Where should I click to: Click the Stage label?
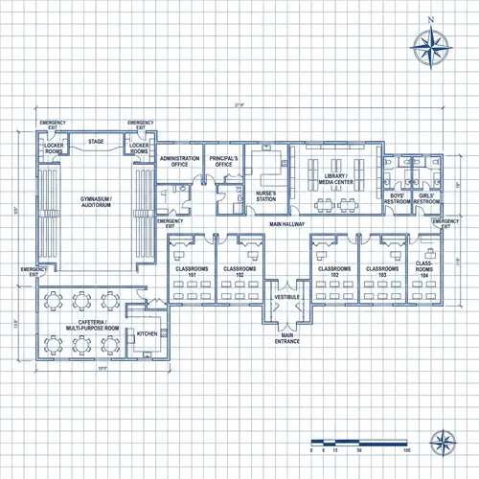tap(96, 142)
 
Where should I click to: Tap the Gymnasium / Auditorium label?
tap(96, 202)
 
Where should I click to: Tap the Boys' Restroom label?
tap(397, 199)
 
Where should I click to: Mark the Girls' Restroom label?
tap(426, 199)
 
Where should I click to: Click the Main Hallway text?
tap(287, 224)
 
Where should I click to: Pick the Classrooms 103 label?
tap(382, 271)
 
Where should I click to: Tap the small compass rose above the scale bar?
tap(442, 442)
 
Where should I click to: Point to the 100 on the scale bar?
tap(408, 449)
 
